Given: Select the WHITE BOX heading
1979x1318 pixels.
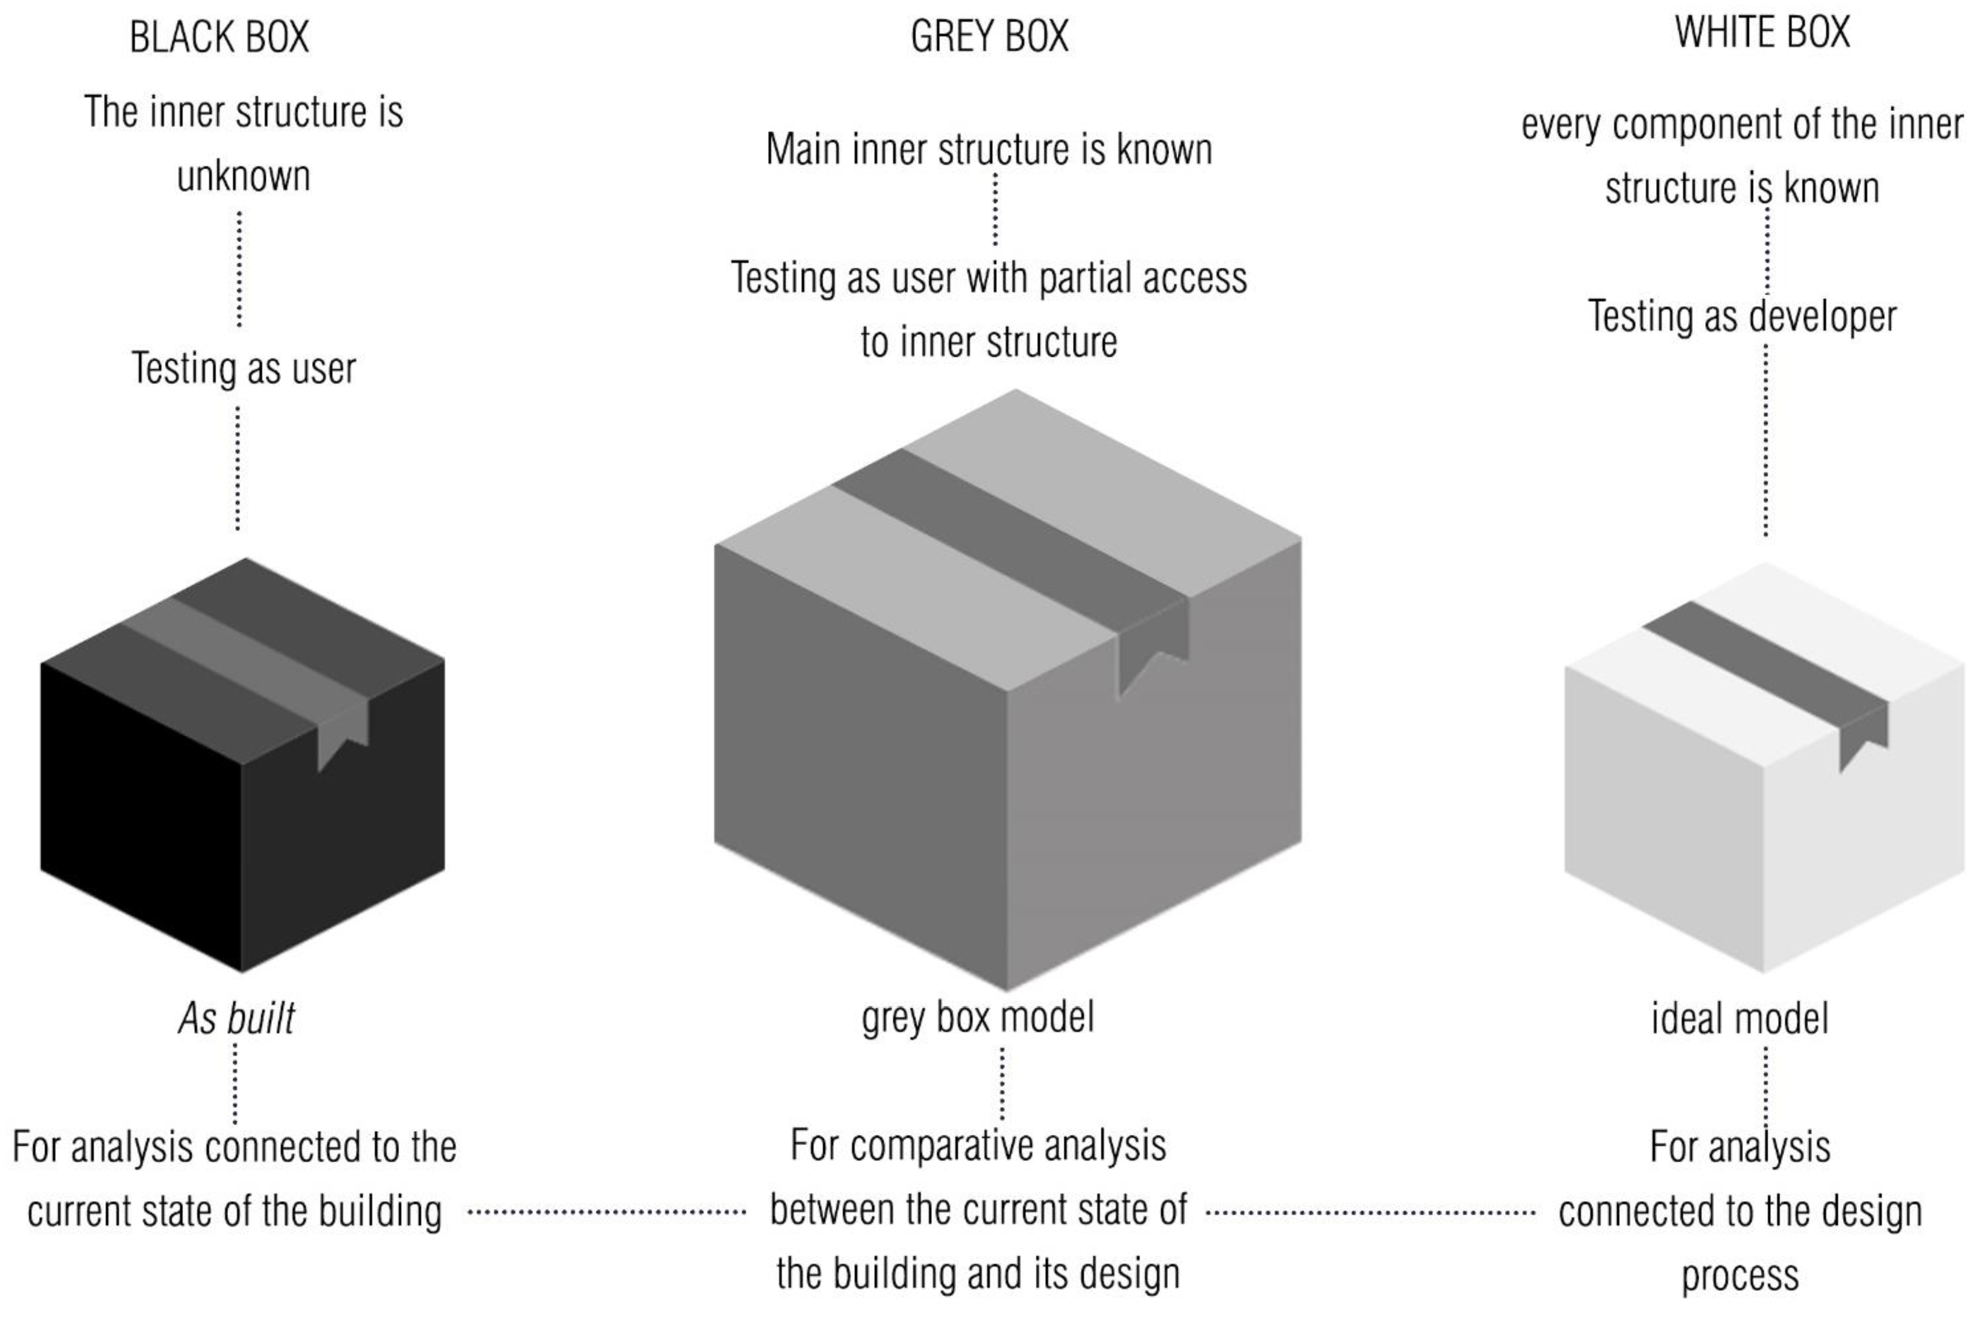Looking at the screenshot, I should (x=1762, y=34).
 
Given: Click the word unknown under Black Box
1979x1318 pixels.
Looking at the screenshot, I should (x=244, y=176).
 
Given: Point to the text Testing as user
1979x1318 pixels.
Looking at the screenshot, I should (x=244, y=368).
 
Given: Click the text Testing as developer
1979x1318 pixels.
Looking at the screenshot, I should (x=1742, y=317).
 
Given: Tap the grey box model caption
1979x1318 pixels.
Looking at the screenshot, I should (x=978, y=1017).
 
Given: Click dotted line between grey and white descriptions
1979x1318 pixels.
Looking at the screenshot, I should (x=1370, y=1212).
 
